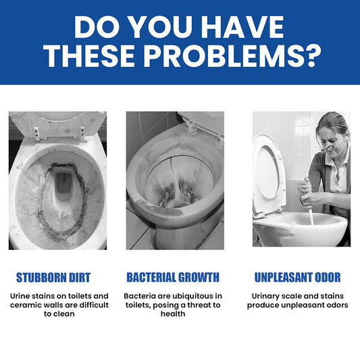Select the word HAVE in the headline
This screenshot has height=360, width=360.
(x=242, y=27)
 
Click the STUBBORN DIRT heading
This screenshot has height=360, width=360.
(x=53, y=278)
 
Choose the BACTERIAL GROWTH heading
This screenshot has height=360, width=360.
(x=173, y=278)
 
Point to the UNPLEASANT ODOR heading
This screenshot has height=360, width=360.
(x=298, y=278)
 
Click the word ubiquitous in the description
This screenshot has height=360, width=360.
(x=192, y=297)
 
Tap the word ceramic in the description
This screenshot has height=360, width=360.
(x=24, y=305)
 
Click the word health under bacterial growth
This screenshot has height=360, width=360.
(x=173, y=314)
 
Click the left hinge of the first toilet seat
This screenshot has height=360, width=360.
(x=36, y=133)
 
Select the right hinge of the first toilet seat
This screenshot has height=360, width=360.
(x=82, y=133)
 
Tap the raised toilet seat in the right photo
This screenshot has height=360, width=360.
(x=269, y=174)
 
